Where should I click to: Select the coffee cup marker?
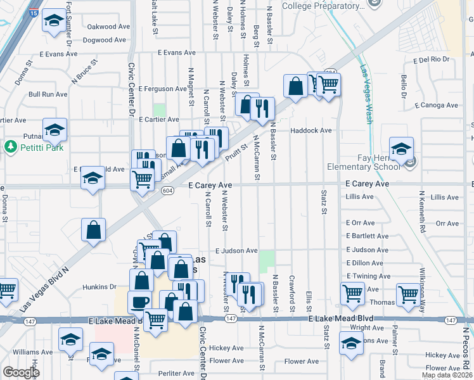(140, 303)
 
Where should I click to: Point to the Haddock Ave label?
(311, 130)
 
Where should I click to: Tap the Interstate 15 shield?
(34, 12)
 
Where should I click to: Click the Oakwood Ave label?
(111, 27)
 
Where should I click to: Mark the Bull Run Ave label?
(48, 94)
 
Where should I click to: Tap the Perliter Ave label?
(175, 374)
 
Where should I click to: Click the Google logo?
(21, 372)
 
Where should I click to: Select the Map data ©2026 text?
(447, 375)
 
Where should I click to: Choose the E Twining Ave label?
(369, 276)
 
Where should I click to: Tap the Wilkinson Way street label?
(421, 279)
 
